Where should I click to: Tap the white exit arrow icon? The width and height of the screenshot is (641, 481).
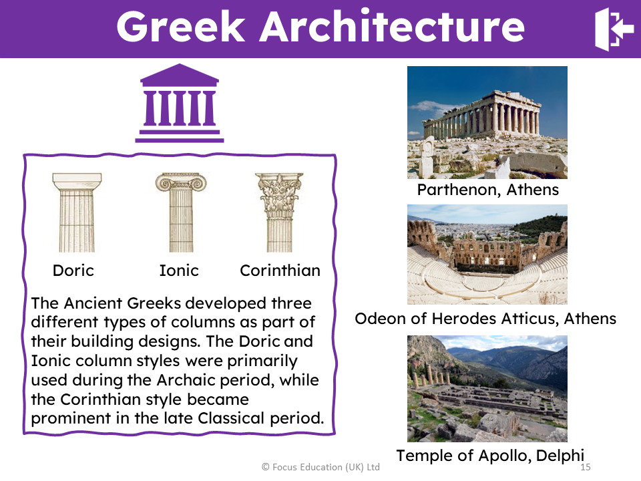click(613, 29)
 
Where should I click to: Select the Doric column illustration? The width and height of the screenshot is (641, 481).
click(77, 212)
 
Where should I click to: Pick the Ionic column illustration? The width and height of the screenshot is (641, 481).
click(180, 212)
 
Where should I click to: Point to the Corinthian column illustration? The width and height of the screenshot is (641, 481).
click(279, 212)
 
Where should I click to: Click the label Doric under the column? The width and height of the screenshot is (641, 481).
click(73, 271)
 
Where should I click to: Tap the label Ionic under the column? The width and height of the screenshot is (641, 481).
click(179, 271)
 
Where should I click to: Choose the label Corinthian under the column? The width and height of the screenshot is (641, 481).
click(280, 271)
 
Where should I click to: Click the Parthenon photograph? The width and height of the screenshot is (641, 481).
click(487, 122)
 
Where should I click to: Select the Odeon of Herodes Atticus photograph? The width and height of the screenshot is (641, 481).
click(487, 255)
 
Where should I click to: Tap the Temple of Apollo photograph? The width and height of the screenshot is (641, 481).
click(487, 388)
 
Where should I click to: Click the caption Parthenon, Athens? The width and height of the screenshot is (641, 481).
click(487, 190)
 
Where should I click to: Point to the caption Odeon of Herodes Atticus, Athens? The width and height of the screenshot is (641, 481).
click(485, 319)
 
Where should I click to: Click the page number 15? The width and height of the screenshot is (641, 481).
click(586, 467)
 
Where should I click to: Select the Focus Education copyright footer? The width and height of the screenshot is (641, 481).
click(320, 467)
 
